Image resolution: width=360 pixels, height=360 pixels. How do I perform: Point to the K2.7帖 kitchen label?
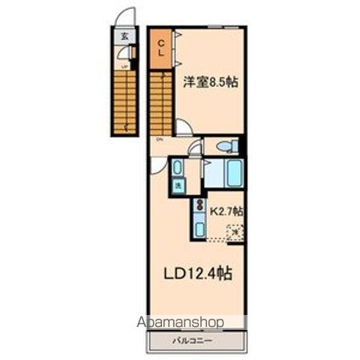pos(226,212)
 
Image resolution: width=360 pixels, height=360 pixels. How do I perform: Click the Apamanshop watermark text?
pos(180,322)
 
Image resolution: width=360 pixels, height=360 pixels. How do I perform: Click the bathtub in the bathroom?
pos(223,173)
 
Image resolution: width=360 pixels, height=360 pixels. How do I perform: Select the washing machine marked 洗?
pos(179,185)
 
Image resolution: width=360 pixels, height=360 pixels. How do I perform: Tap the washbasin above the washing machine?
pos(178,166)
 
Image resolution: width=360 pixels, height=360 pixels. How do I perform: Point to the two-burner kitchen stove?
pos(199,205)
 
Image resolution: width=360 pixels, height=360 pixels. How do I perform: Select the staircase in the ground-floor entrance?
pos(124,97)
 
